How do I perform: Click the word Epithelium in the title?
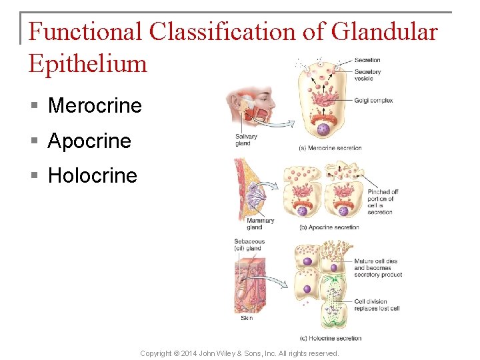(x=87, y=63)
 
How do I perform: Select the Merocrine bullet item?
(x=95, y=105)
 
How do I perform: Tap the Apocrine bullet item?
(x=89, y=141)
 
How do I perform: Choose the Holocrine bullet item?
(x=93, y=176)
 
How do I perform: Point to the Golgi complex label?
(x=373, y=101)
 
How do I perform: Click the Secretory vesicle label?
(x=367, y=75)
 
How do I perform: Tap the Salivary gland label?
(x=246, y=140)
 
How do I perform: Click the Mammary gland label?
(x=260, y=224)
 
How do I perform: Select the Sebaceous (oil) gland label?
(x=249, y=245)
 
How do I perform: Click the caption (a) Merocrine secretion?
(x=330, y=148)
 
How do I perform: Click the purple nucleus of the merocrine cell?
(x=323, y=129)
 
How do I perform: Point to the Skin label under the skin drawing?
(x=247, y=318)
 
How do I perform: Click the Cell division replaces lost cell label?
(x=377, y=305)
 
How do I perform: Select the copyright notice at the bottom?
(x=239, y=353)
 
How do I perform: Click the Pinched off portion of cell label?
(x=383, y=201)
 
